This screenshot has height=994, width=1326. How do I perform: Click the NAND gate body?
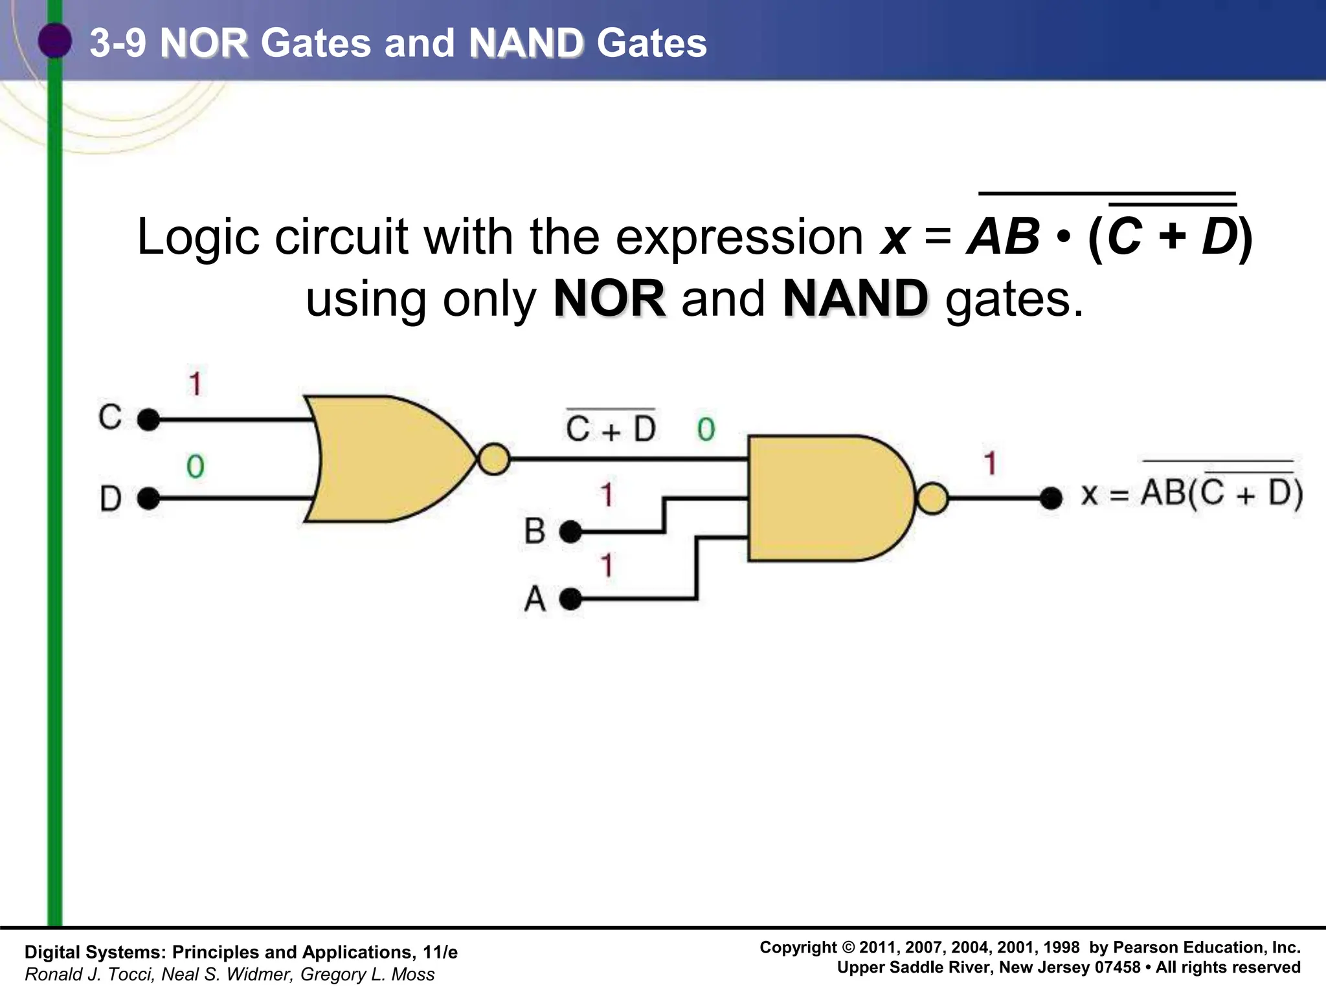pyautogui.click(x=829, y=498)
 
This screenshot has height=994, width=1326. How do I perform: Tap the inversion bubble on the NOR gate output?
pyautogui.click(x=494, y=459)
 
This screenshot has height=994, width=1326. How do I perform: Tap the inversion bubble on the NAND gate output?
pyautogui.click(x=932, y=498)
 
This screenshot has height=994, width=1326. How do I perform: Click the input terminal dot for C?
pyautogui.click(x=149, y=419)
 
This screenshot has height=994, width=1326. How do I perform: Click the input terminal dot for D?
pyautogui.click(x=149, y=498)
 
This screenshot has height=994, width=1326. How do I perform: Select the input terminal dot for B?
pyautogui.click(x=570, y=532)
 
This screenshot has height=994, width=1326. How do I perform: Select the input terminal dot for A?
pyautogui.click(x=570, y=599)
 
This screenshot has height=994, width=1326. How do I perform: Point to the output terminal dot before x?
pyautogui.click(x=1051, y=498)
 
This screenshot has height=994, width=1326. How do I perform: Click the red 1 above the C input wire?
pyautogui.click(x=195, y=383)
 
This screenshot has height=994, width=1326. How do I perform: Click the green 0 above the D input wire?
pyautogui.click(x=195, y=467)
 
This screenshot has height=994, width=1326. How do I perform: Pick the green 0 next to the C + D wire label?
pyautogui.click(x=706, y=430)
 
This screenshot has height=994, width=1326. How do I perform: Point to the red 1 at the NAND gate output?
pyautogui.click(x=989, y=463)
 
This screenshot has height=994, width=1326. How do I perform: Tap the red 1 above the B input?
pyautogui.click(x=607, y=495)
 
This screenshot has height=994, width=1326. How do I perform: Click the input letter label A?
pyautogui.click(x=535, y=599)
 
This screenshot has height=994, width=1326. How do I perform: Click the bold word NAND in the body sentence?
pyautogui.click(x=855, y=299)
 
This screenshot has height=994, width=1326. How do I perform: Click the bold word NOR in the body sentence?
pyautogui.click(x=609, y=299)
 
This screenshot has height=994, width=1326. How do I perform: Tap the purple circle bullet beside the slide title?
pyautogui.click(x=54, y=41)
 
